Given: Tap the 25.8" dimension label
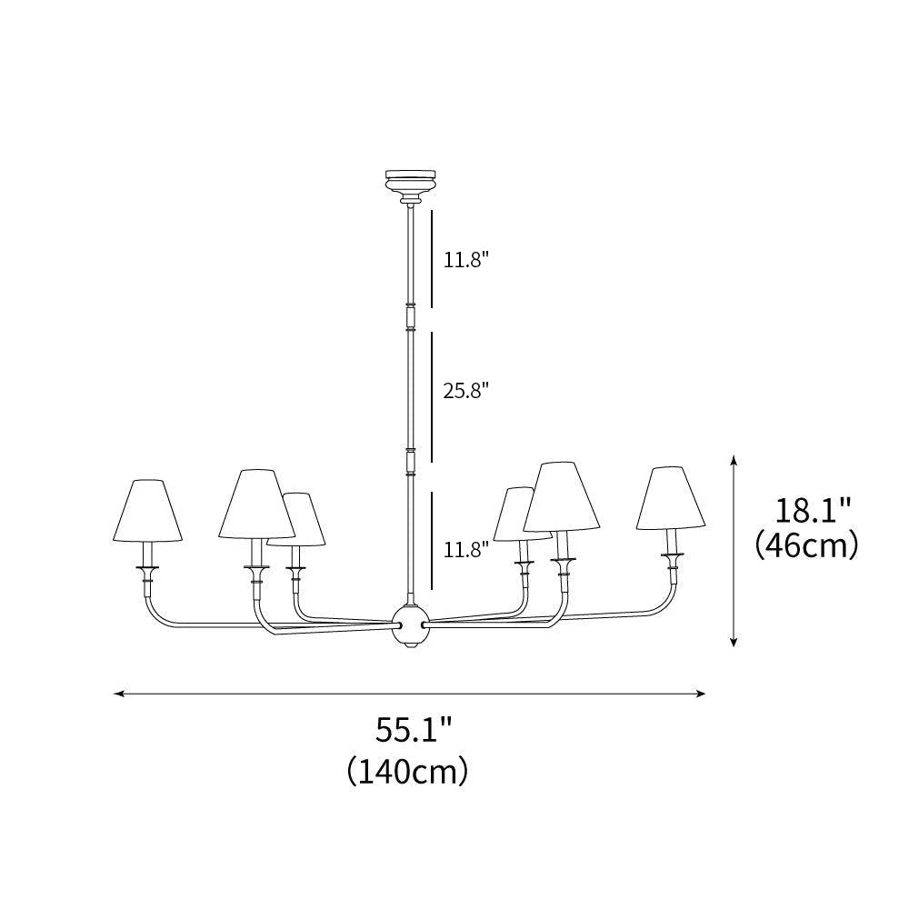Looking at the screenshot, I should [x=466, y=391].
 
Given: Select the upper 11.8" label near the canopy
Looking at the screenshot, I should [x=466, y=260].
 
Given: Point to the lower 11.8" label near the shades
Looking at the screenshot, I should [x=466, y=548].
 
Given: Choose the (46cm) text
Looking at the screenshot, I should [x=806, y=545].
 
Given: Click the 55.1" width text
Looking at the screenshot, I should [x=414, y=730].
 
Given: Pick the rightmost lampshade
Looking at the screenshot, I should [x=671, y=499].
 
